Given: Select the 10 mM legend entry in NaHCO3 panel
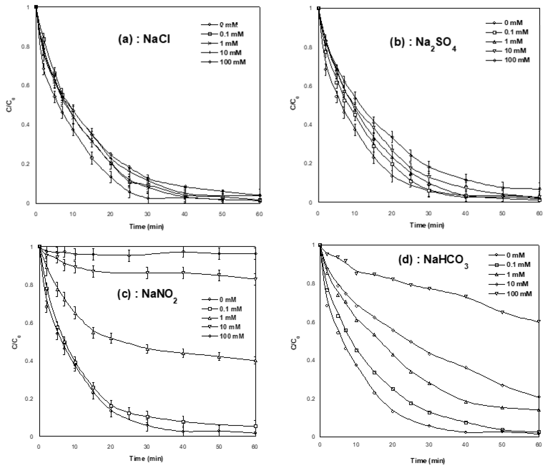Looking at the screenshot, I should click(x=509, y=284).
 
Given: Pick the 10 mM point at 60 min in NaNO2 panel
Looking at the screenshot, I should click(x=255, y=279).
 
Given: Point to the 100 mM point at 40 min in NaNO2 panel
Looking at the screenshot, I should click(x=183, y=252).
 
